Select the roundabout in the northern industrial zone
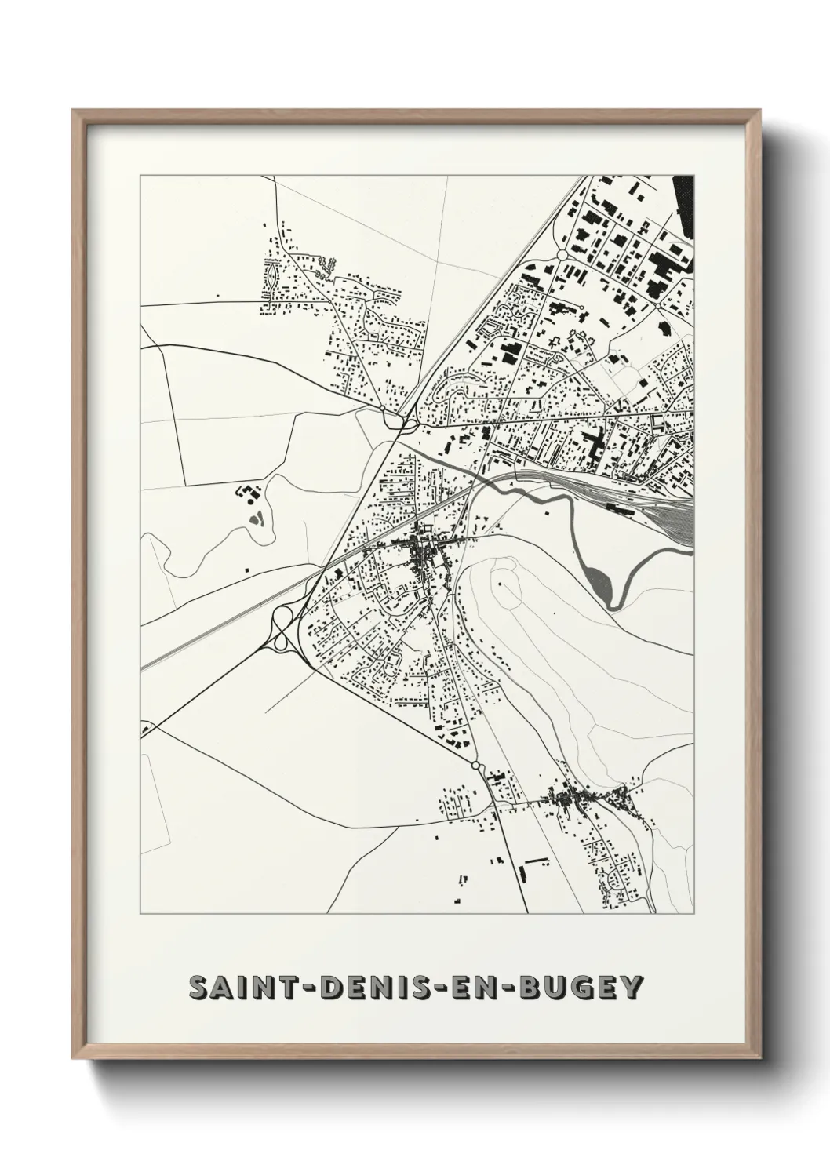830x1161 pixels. (562, 256)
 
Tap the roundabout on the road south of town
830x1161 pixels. (476, 764)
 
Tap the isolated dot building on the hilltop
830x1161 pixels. (500, 584)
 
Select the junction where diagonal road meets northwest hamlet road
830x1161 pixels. (383, 408)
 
